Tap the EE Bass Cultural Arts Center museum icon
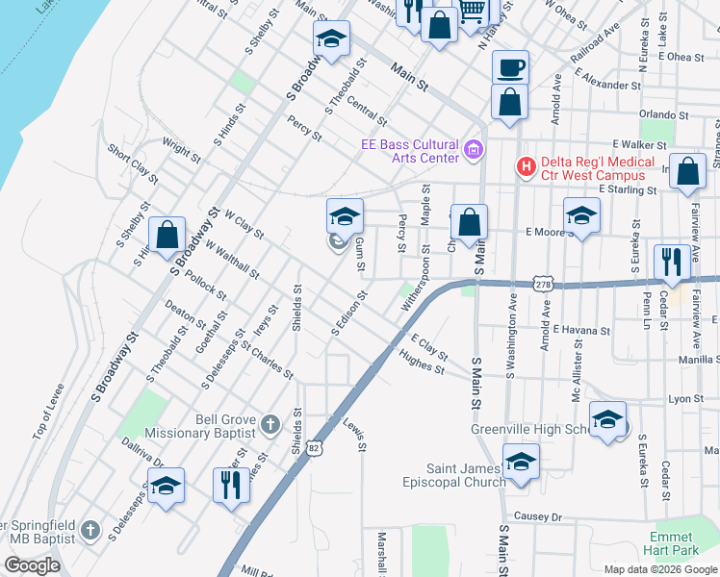[x=473, y=151]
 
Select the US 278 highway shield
[x=544, y=285]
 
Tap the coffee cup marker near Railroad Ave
[x=510, y=67]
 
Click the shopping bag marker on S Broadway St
[x=167, y=234]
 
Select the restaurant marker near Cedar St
[x=669, y=261]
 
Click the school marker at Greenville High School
[x=607, y=418]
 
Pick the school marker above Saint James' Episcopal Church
[x=521, y=462]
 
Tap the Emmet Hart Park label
[x=672, y=543]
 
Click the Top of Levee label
[x=47, y=413]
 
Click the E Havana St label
[x=581, y=330]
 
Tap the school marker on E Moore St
[x=581, y=216]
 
